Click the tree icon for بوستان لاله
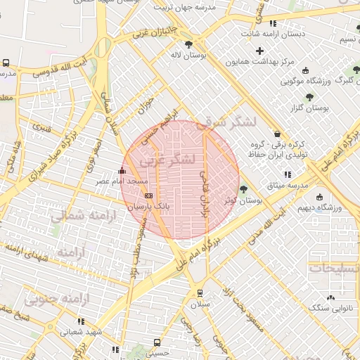pyautogui.click(x=188, y=44)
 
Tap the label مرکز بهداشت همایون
pyautogui.click(x=259, y=62)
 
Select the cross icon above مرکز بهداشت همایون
pyautogui.click(x=260, y=51)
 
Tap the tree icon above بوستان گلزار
pyautogui.click(x=309, y=97)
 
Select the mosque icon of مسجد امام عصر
pyautogui.click(x=122, y=170)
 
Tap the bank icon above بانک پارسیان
pyautogui.click(x=148, y=195)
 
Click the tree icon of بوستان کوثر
pyautogui.click(x=244, y=188)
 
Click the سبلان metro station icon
pyautogui.click(x=200, y=292)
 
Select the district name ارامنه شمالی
pyautogui.click(x=77, y=215)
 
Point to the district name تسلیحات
pyautogui.click(x=335, y=268)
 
